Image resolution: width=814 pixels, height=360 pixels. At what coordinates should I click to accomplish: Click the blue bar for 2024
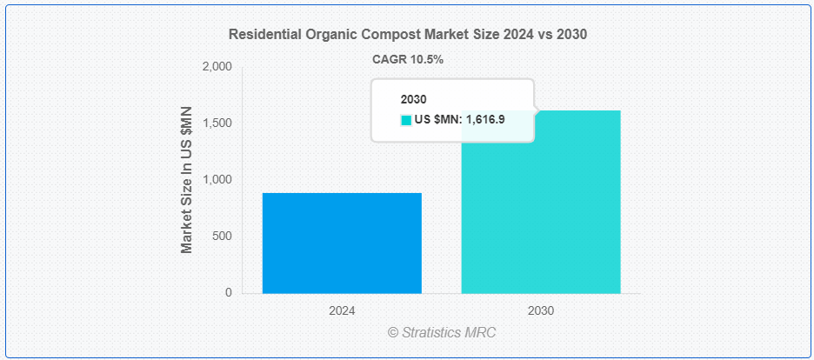(342, 243)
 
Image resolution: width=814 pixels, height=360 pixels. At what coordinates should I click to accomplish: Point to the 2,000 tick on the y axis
(217, 67)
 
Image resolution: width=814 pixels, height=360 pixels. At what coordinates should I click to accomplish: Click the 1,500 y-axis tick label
(217, 123)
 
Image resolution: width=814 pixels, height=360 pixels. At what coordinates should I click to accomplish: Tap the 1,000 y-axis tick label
(217, 180)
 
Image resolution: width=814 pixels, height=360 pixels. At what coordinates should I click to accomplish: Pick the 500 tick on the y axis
(223, 237)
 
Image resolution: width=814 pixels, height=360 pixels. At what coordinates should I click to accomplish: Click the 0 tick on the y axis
(229, 293)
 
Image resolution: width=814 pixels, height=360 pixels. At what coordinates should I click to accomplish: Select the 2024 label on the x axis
(342, 310)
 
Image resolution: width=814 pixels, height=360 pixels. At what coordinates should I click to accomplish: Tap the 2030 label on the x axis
(540, 310)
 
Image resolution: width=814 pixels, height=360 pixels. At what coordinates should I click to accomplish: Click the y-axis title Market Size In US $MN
(187, 180)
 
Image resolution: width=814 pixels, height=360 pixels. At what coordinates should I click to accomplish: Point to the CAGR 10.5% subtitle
(408, 58)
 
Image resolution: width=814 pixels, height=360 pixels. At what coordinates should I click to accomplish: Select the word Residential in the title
(263, 35)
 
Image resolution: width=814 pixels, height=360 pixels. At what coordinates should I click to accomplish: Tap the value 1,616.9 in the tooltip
(485, 120)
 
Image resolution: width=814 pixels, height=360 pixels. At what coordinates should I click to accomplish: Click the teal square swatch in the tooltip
(405, 120)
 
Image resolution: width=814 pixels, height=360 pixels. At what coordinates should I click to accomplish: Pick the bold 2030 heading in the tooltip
(413, 100)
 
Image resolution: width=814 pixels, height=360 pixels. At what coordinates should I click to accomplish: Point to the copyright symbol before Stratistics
(393, 332)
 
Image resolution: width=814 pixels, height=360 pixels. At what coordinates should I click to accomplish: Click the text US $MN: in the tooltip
(438, 120)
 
